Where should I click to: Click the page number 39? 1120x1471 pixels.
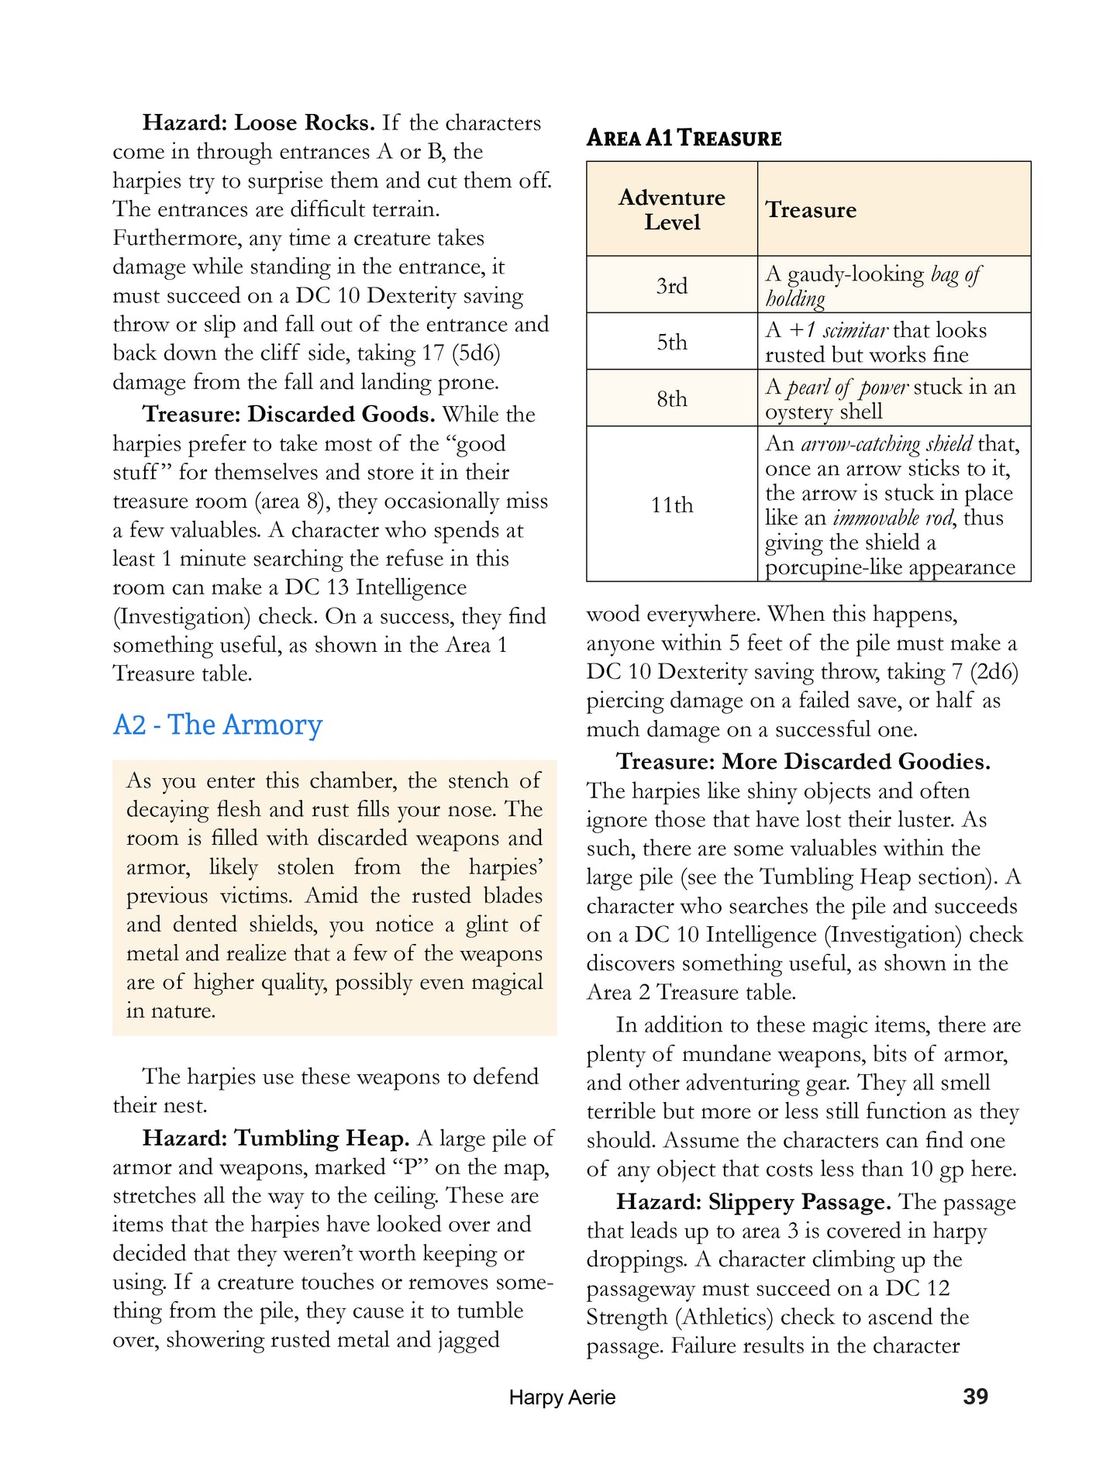click(x=975, y=1397)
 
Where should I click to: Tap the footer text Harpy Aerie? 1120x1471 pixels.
click(x=562, y=1397)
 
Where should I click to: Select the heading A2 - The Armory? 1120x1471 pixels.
click(x=218, y=725)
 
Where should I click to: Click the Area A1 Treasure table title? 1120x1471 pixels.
click(x=684, y=138)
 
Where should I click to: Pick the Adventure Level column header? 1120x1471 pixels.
click(x=671, y=209)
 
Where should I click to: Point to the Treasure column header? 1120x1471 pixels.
click(x=811, y=210)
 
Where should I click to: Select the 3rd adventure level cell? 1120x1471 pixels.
click(x=671, y=285)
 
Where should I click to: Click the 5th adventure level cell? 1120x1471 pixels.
click(x=671, y=342)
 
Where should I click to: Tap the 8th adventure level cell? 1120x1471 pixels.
click(x=671, y=398)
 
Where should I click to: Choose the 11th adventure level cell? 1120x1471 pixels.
click(x=671, y=505)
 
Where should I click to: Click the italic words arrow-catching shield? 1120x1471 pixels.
click(x=886, y=444)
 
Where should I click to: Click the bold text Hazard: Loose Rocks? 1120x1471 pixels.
click(x=259, y=123)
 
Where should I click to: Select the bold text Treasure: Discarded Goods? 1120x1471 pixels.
click(x=288, y=415)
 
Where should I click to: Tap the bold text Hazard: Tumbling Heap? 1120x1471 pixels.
click(x=276, y=1139)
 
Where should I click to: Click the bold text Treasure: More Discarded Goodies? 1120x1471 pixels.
click(x=803, y=762)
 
